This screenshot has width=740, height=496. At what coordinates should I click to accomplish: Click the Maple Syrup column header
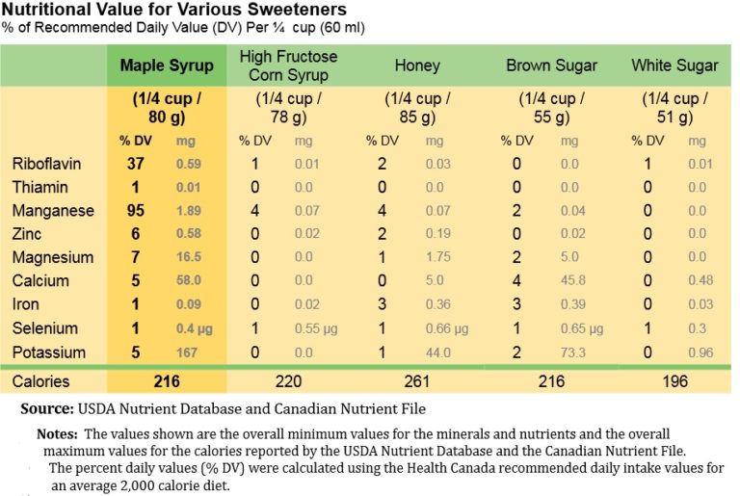(x=165, y=65)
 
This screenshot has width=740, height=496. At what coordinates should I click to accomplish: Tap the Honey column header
(x=417, y=65)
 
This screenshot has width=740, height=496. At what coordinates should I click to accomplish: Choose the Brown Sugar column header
(x=551, y=65)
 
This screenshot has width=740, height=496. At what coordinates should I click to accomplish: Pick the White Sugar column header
(x=674, y=65)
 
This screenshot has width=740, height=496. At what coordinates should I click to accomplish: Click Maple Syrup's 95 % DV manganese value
(x=135, y=211)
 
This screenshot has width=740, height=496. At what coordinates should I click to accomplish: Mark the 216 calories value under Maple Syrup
(x=167, y=381)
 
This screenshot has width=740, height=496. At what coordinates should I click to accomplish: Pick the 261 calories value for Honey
(x=417, y=381)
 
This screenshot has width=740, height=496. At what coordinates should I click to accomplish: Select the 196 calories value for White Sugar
(x=674, y=381)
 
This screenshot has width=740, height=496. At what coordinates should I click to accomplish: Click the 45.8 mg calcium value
(x=570, y=281)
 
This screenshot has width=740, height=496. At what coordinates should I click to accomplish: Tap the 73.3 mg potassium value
(x=570, y=352)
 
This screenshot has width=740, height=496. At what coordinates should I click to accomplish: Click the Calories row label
(x=40, y=381)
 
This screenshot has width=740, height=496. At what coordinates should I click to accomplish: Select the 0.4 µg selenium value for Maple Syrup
(x=188, y=328)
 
